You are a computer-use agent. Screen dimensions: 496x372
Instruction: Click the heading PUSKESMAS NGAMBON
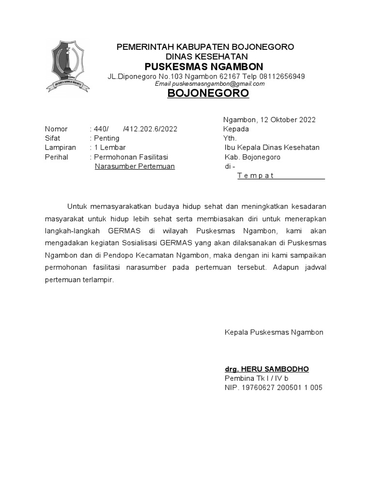(x=204, y=66)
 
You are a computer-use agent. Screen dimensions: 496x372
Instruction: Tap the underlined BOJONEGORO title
(x=208, y=93)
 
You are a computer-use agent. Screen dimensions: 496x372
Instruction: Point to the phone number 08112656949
(x=282, y=77)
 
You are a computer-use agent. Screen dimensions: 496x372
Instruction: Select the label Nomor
(x=56, y=129)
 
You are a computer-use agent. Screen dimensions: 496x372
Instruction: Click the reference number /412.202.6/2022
(x=150, y=129)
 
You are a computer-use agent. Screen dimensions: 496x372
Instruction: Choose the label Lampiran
(x=60, y=147)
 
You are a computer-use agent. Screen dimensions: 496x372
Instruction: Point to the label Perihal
(x=57, y=157)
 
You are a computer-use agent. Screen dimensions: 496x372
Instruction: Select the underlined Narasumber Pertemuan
(x=135, y=166)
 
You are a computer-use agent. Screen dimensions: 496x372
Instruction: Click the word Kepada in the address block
(x=236, y=129)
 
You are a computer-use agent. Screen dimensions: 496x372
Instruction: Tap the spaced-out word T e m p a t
(x=256, y=175)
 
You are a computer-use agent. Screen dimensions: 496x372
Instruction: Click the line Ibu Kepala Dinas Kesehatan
(x=272, y=147)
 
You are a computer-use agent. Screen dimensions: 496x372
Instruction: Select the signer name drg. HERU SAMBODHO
(x=266, y=369)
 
